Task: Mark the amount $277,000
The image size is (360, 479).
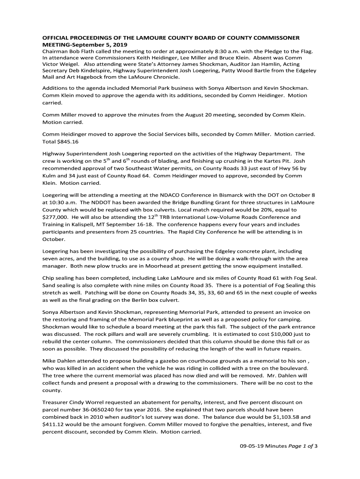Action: (x=56, y=217)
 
